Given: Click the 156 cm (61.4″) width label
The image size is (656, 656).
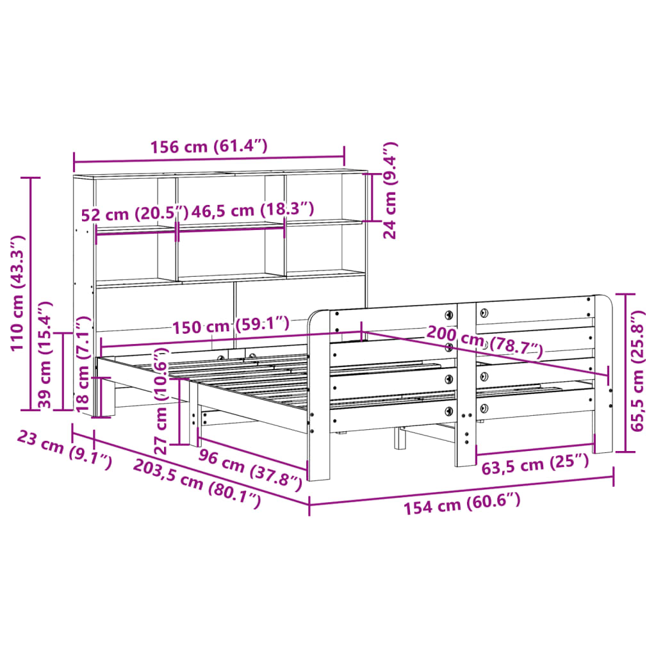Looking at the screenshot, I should (209, 147).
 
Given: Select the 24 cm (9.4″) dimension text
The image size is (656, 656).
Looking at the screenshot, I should (390, 190).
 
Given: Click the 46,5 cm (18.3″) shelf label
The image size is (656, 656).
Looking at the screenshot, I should (252, 209).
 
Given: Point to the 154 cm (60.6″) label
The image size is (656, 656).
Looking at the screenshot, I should (462, 503).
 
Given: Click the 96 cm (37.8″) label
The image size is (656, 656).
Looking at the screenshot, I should (250, 468).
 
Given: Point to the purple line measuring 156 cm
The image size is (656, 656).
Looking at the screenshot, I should (209, 157).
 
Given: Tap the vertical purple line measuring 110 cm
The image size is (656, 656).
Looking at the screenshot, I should (31, 293).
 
